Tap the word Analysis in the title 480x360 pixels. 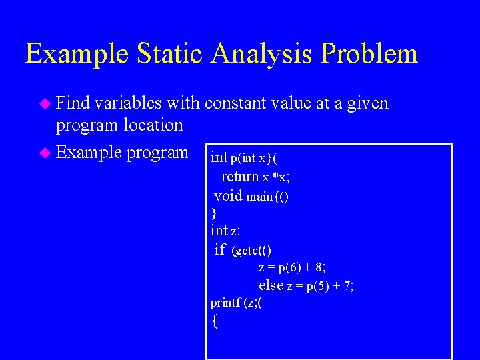pos(261,53)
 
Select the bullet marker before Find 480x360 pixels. pos(45,104)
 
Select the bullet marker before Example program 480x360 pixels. pos(45,153)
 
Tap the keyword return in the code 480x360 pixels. pos(240,177)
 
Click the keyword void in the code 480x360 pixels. pos(228,196)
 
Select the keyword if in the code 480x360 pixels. pos(220,250)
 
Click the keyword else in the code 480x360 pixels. pos(271,285)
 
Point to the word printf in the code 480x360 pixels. pos(225,303)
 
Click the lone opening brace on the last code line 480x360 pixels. pos(214,321)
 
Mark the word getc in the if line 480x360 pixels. pos(246,251)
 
